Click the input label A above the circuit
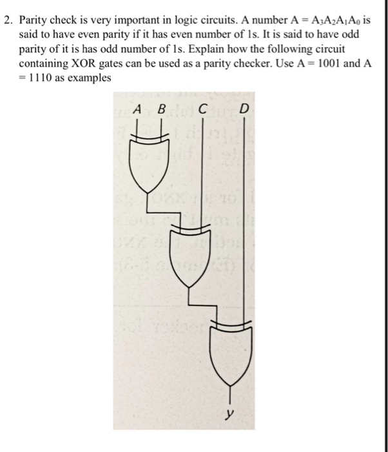[x=137, y=110]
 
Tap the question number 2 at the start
[x=7, y=21]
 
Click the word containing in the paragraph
[x=44, y=63]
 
